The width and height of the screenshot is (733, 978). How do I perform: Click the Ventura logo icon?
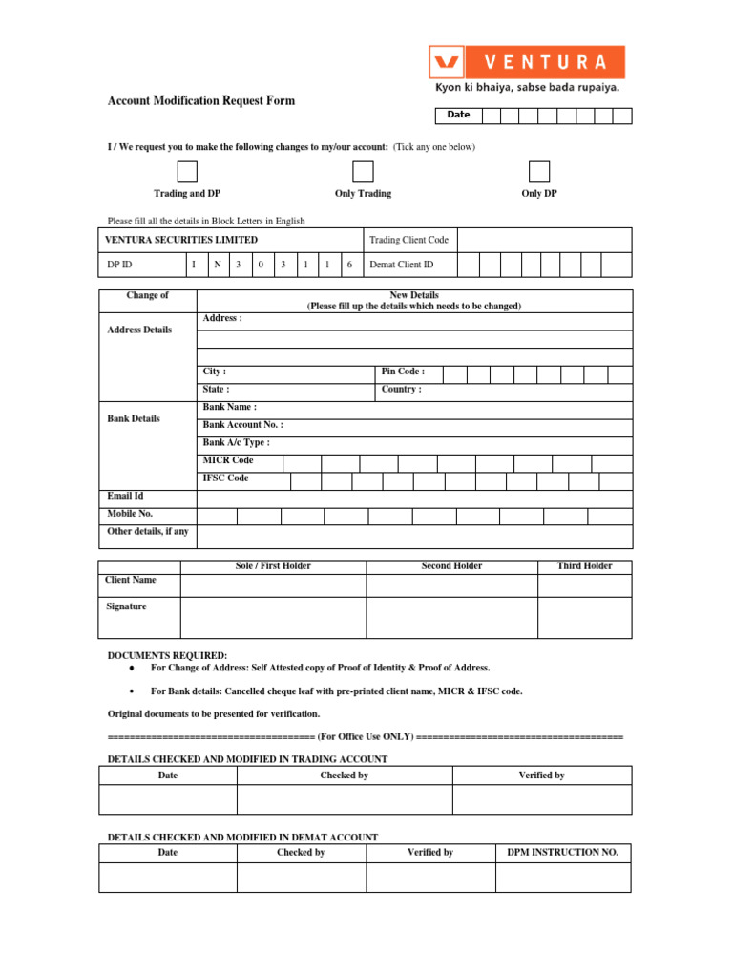tap(447, 62)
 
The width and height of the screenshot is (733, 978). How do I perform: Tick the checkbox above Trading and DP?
tap(187, 172)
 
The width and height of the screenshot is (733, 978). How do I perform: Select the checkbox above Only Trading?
tap(363, 172)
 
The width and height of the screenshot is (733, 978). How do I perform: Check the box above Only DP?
tap(539, 172)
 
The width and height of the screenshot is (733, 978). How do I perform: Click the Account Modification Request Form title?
tap(201, 100)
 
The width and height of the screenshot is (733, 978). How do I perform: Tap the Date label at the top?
tap(458, 116)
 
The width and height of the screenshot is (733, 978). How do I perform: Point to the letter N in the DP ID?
tap(218, 265)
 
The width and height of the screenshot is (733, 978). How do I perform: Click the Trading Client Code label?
tap(408, 240)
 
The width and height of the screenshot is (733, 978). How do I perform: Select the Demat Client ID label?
tap(402, 265)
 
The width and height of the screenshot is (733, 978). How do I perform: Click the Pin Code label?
tap(403, 372)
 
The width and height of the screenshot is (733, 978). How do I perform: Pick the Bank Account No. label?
tap(242, 425)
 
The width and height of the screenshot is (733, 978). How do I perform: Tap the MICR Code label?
tap(228, 460)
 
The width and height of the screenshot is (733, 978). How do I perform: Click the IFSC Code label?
tap(225, 478)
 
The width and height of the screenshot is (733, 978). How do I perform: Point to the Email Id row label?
tap(126, 497)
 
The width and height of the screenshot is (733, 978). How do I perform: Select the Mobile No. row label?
tap(130, 514)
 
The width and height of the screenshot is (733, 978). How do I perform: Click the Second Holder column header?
tap(451, 566)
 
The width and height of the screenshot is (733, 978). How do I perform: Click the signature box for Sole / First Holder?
tap(273, 617)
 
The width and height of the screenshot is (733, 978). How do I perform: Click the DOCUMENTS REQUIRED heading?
tap(167, 656)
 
